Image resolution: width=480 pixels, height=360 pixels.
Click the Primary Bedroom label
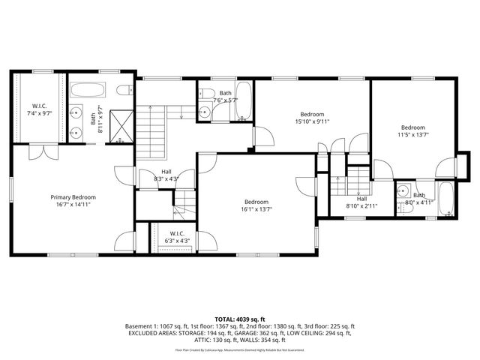tap(73, 196)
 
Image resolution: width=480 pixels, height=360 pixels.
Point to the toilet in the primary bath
tap(125, 91)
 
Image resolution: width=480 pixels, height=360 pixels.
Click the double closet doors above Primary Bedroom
tap(37, 152)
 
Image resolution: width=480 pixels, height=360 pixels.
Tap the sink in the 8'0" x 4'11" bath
tap(403, 190)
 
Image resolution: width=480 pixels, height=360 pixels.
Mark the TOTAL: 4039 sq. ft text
tap(240, 319)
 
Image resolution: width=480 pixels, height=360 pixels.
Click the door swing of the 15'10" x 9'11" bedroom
tap(262, 136)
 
